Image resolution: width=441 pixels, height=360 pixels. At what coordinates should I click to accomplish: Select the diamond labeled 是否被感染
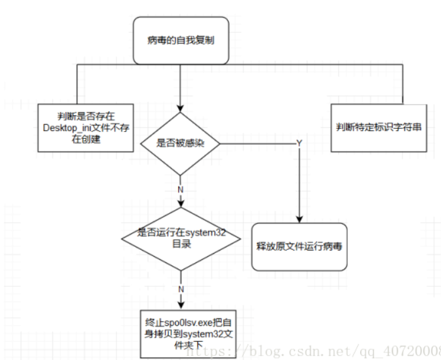(x=180, y=143)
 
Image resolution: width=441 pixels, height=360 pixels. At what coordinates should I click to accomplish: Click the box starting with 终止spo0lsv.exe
(x=181, y=333)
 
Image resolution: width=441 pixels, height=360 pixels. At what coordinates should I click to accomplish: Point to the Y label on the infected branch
(x=299, y=143)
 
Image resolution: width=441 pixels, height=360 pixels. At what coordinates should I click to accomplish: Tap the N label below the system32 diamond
(x=181, y=288)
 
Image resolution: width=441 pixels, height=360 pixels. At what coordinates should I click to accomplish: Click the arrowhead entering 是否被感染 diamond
(x=180, y=108)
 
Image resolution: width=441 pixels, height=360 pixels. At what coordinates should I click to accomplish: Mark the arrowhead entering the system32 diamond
(x=181, y=205)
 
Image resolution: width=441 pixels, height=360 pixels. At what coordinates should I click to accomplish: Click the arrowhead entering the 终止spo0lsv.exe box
(x=181, y=303)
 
